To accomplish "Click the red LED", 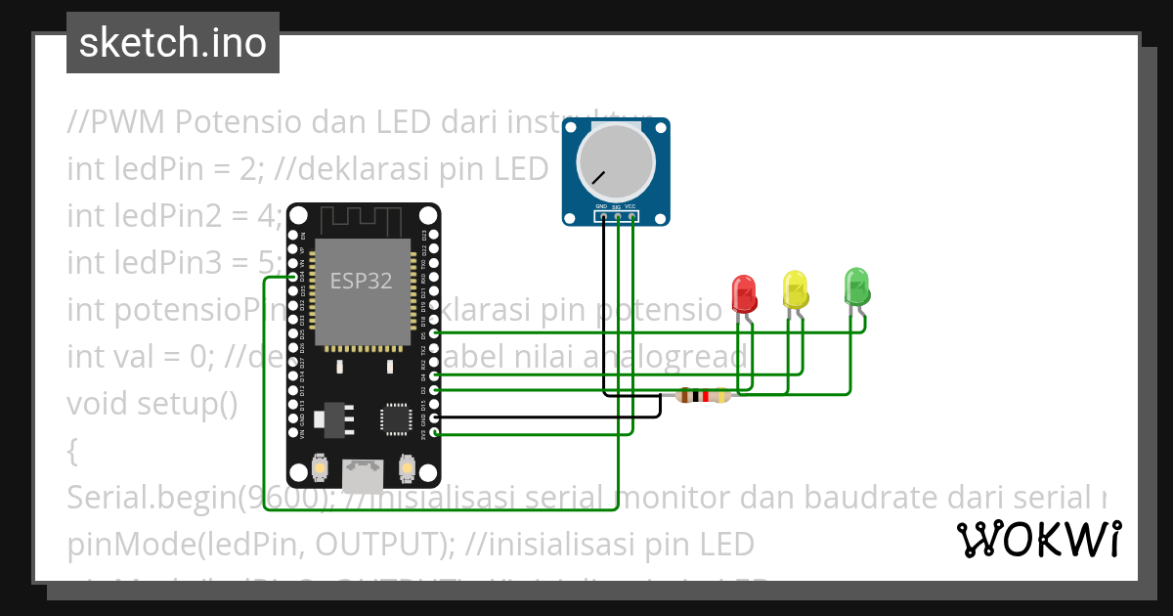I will point(744,292).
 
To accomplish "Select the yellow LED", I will point(796,289).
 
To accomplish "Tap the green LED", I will point(857,286).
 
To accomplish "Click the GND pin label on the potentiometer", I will point(601,207).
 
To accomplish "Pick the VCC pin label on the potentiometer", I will point(631,207).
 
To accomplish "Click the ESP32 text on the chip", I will point(361,282).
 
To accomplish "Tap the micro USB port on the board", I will point(363,475).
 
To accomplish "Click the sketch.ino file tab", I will point(172,43).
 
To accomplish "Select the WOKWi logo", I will point(1038,539).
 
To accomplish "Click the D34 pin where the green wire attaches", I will point(294,278).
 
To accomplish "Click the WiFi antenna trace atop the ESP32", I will point(361,216).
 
